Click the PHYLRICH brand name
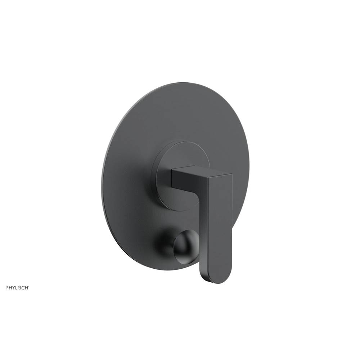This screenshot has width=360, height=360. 17,288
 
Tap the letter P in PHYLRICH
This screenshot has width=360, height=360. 7,288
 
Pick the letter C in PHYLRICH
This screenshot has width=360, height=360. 23,288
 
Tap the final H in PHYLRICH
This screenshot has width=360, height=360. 27,288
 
